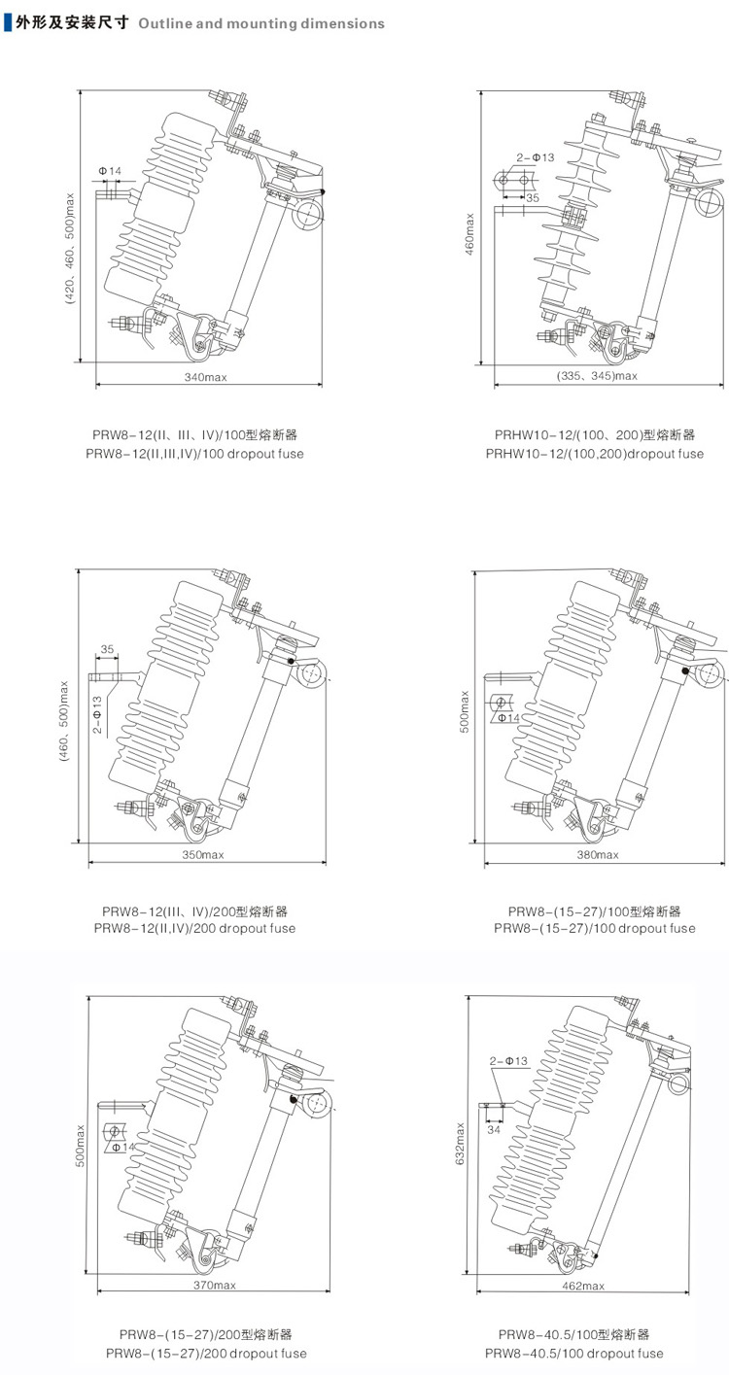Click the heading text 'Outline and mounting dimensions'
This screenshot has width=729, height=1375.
[261, 23]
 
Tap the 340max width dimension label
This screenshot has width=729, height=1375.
[205, 376]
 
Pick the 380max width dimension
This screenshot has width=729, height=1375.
[598, 855]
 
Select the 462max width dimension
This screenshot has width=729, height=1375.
[584, 1285]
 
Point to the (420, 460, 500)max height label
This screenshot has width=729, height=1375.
[70, 249]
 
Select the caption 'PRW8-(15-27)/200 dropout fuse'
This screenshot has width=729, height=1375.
[206, 1353]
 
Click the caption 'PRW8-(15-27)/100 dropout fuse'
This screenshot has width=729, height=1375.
[595, 928]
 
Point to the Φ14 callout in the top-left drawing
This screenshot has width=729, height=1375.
[110, 172]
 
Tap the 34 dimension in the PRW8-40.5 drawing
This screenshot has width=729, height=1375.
[494, 1130]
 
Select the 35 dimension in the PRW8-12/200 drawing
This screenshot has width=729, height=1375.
[107, 649]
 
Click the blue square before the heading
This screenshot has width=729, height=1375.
[8, 23]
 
